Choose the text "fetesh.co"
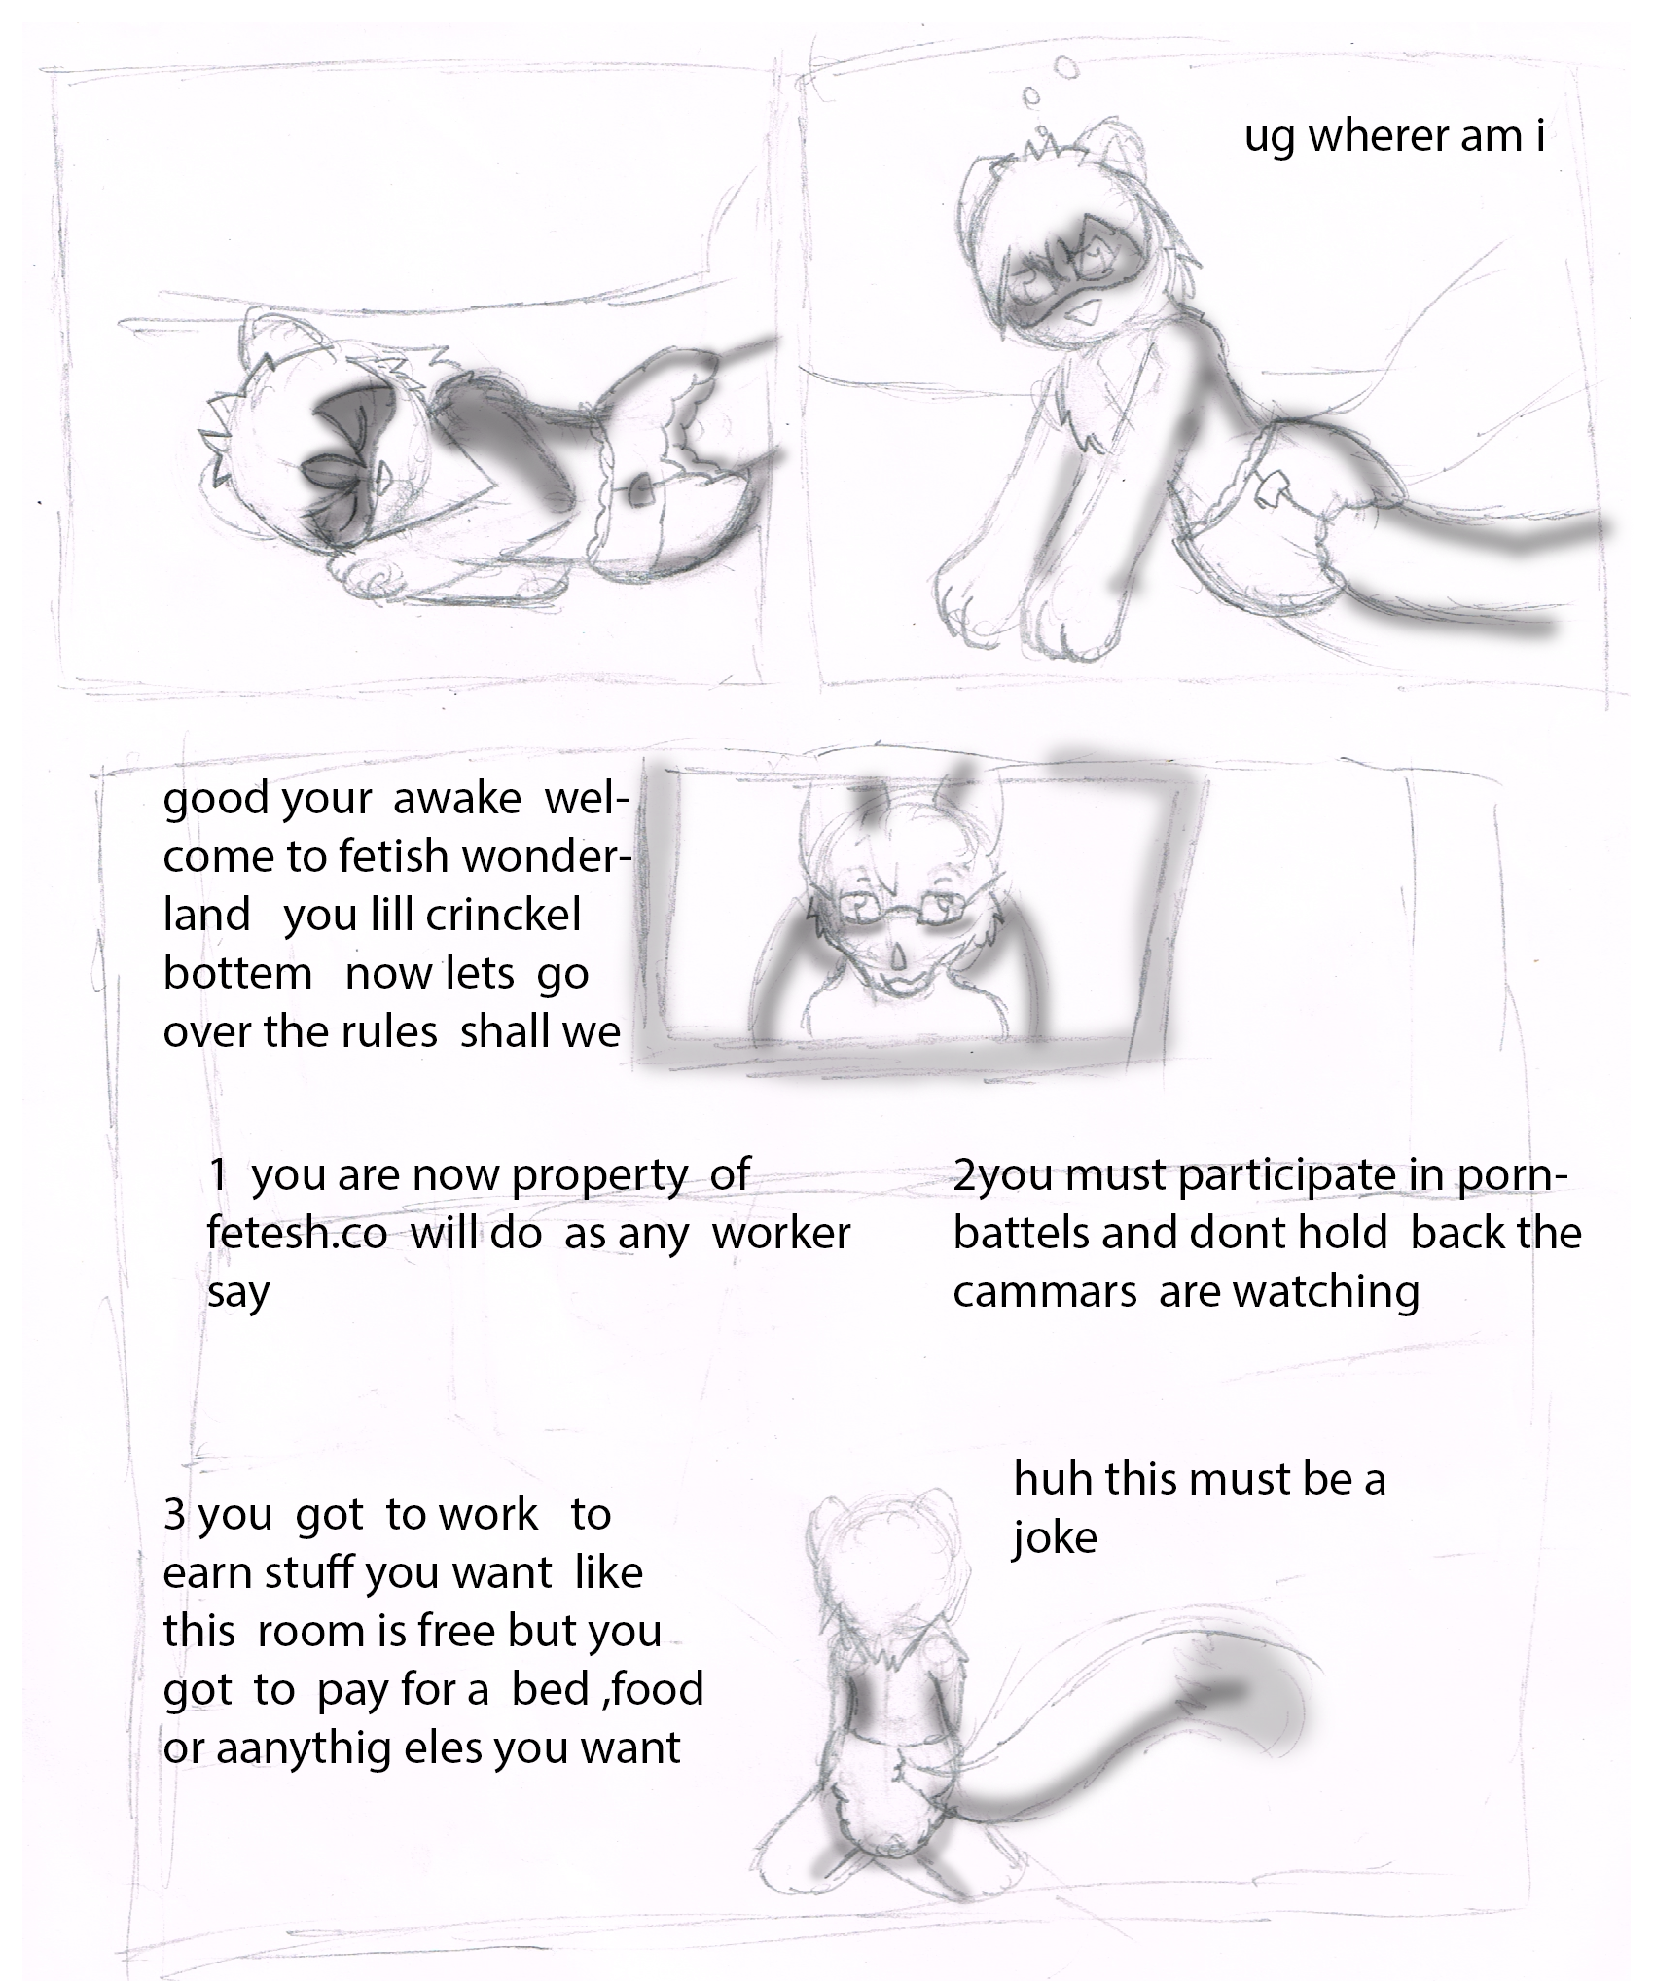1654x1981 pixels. click(297, 1234)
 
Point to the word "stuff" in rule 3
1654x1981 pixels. click(305, 1574)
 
